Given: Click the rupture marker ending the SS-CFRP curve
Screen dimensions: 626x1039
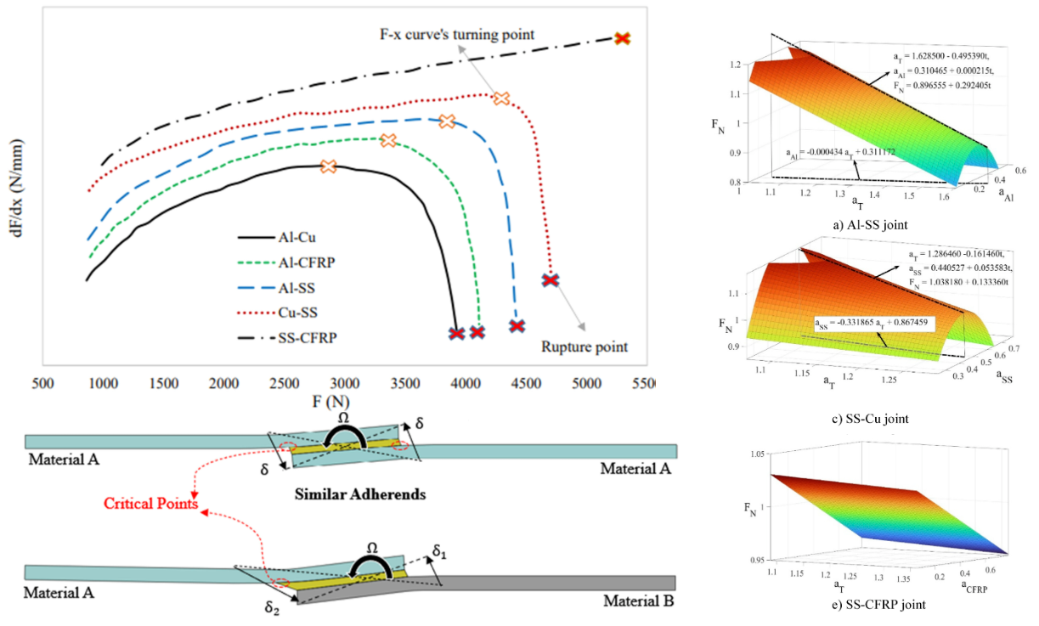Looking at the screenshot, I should [x=623, y=38].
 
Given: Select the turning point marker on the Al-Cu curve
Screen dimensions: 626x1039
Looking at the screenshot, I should [x=328, y=166].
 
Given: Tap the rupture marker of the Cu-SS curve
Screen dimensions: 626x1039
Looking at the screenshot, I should [x=551, y=279].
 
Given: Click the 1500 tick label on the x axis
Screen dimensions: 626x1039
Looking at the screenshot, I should [x=164, y=383].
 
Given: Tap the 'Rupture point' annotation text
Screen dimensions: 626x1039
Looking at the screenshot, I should [x=584, y=347].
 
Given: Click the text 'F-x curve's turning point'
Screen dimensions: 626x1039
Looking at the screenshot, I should [x=457, y=34].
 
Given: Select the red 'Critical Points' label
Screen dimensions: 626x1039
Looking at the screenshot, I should [x=150, y=504].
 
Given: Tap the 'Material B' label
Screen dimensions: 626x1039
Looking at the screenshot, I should [x=639, y=601].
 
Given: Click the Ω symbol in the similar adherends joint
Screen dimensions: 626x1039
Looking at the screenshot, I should [x=343, y=419].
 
